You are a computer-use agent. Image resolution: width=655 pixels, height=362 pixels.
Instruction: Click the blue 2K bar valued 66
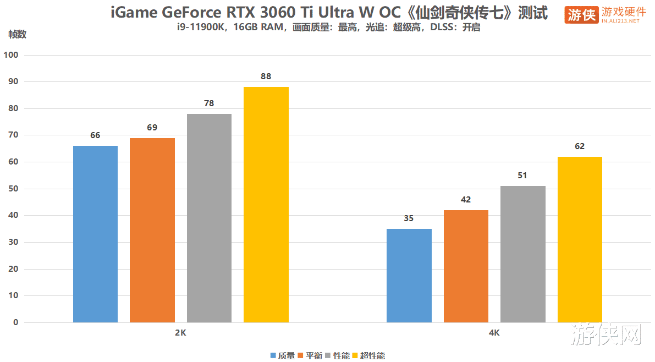tap(95, 234)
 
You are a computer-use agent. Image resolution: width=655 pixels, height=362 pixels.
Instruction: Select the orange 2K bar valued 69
tap(152, 230)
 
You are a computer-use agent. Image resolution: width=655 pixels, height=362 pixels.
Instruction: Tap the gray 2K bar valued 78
tap(209, 218)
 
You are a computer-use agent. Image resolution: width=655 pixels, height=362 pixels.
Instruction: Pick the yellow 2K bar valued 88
tap(266, 205)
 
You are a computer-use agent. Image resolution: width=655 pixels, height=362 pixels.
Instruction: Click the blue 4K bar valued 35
tap(409, 275)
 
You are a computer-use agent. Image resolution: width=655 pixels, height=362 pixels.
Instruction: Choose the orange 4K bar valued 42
tap(466, 266)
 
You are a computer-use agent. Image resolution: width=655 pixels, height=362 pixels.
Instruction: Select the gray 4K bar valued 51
tap(523, 254)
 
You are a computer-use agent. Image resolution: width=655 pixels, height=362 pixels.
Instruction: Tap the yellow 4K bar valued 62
tap(580, 239)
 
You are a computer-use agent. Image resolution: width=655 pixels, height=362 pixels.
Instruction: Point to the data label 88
tap(266, 76)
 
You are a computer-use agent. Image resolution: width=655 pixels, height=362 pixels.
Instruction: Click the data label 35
tap(409, 218)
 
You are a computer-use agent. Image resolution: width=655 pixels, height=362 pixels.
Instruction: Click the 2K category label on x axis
tap(181, 333)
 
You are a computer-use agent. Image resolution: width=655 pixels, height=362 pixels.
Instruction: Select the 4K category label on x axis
tap(494, 333)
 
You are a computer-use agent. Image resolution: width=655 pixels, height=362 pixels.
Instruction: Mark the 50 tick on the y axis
tap(14, 189)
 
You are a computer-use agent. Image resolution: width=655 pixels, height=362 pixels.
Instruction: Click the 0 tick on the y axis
tap(16, 322)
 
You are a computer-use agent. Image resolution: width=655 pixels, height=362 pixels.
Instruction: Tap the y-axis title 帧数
tap(17, 34)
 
